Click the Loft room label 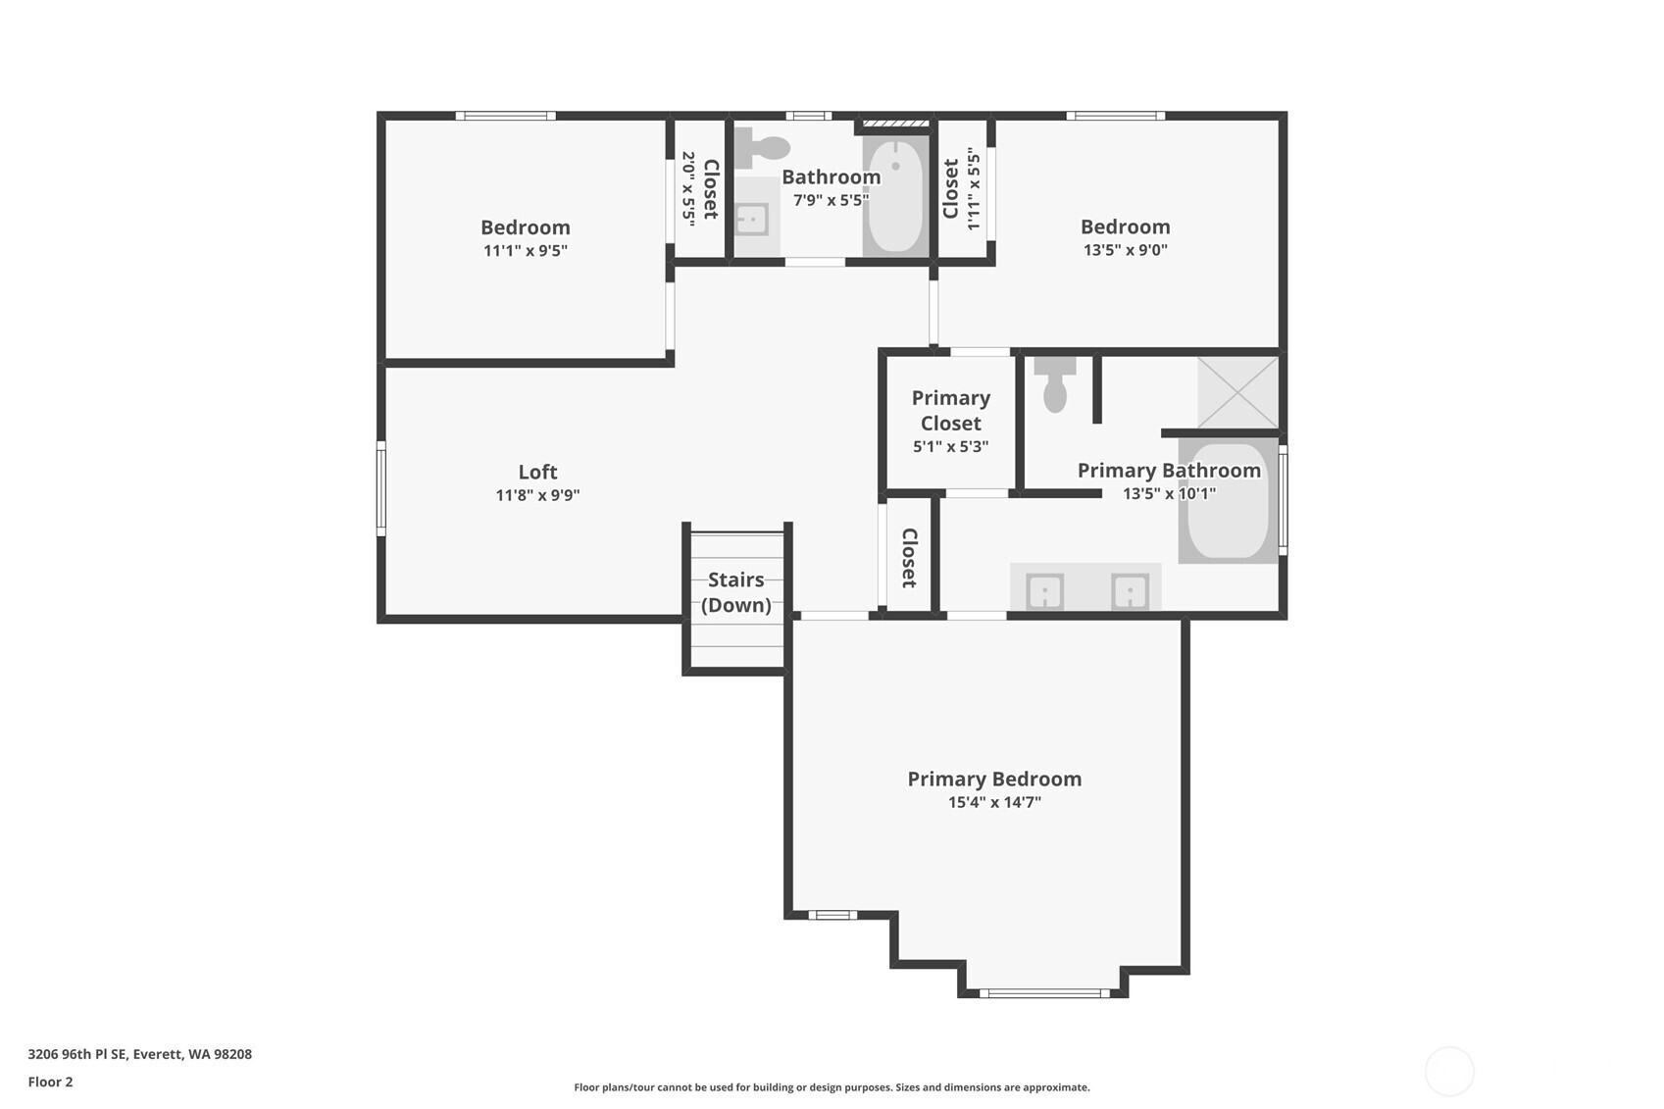[x=537, y=472]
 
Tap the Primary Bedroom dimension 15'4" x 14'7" [x=993, y=802]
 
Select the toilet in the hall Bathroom [x=764, y=148]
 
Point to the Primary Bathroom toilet [x=1054, y=386]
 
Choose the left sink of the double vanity [x=1044, y=591]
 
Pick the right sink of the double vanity [x=1129, y=591]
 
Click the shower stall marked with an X [x=1237, y=392]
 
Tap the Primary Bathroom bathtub [x=1227, y=501]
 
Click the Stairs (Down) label [x=735, y=591]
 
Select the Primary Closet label [x=950, y=410]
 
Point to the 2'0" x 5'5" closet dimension [x=688, y=189]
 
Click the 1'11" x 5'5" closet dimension [x=973, y=189]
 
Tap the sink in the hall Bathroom [x=752, y=219]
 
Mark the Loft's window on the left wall [x=381, y=488]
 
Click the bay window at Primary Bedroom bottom [x=1044, y=993]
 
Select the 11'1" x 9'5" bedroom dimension [x=525, y=250]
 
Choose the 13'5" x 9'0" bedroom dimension [x=1125, y=249]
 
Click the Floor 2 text [x=50, y=1082]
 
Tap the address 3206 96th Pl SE [x=139, y=1054]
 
